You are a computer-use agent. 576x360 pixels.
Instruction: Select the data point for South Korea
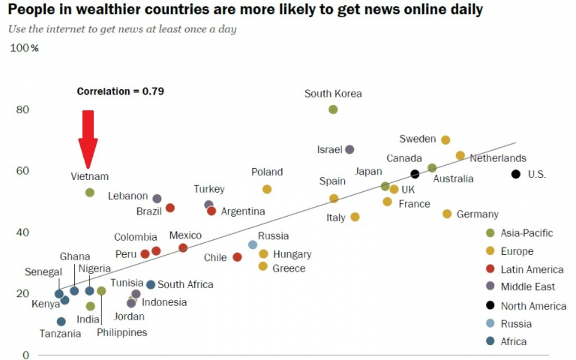click(333, 109)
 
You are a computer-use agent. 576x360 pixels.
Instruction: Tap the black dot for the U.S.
click(515, 174)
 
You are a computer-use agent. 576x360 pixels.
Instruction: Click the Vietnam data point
click(89, 193)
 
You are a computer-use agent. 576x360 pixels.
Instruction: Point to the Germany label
click(477, 214)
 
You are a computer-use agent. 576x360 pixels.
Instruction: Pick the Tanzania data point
click(61, 322)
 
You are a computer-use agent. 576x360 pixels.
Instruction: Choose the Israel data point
click(349, 150)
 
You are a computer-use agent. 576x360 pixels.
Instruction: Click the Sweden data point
click(445, 140)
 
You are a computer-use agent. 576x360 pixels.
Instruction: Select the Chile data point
click(237, 257)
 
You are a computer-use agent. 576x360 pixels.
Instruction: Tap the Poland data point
click(267, 190)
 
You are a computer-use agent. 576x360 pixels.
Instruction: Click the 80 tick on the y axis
click(23, 109)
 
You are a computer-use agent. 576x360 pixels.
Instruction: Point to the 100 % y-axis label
click(23, 48)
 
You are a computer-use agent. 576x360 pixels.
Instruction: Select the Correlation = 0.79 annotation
click(120, 91)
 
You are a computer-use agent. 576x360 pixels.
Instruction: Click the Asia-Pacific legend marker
click(490, 233)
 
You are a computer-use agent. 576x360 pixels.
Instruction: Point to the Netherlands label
click(498, 158)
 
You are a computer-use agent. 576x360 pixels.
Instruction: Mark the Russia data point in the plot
click(253, 244)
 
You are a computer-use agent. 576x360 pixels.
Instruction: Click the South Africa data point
click(151, 285)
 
